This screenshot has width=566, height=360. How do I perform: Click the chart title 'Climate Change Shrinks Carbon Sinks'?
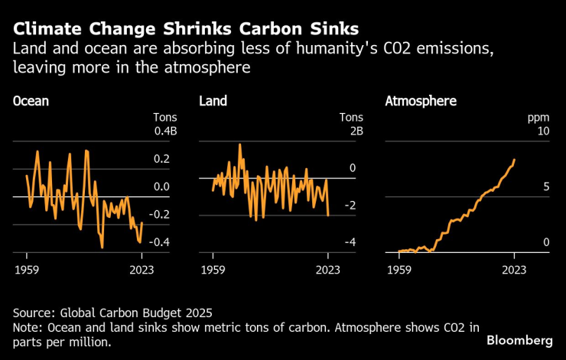186,30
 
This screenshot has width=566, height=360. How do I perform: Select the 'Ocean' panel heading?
31,101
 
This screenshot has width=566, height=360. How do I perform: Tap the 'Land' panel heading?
213,101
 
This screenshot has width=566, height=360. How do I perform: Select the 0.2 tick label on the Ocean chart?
161,159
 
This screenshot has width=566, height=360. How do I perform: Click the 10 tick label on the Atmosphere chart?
544,131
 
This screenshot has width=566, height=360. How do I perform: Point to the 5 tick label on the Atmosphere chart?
546,186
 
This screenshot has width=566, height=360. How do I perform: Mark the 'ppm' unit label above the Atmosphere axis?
540,118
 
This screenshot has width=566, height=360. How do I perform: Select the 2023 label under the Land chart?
327,269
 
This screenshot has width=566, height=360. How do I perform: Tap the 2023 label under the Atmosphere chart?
514,269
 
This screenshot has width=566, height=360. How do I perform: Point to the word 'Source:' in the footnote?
34,312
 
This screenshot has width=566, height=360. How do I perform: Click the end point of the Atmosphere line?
515,160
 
